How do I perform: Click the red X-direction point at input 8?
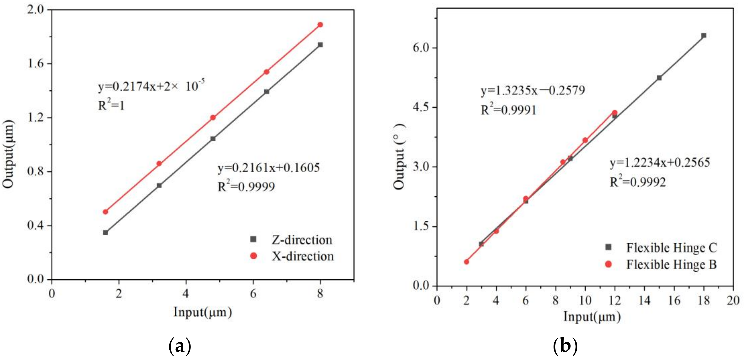click(320, 25)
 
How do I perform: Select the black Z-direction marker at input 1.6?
click(105, 232)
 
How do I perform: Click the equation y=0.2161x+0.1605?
click(268, 167)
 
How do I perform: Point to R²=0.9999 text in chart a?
click(246, 186)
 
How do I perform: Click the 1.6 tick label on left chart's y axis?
click(35, 64)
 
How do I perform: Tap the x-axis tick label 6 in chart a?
click(253, 294)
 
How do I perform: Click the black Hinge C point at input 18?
click(703, 35)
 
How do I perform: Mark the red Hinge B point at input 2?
click(466, 262)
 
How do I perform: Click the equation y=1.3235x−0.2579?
click(533, 90)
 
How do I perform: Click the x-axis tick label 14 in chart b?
click(644, 300)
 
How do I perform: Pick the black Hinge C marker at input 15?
click(659, 78)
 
